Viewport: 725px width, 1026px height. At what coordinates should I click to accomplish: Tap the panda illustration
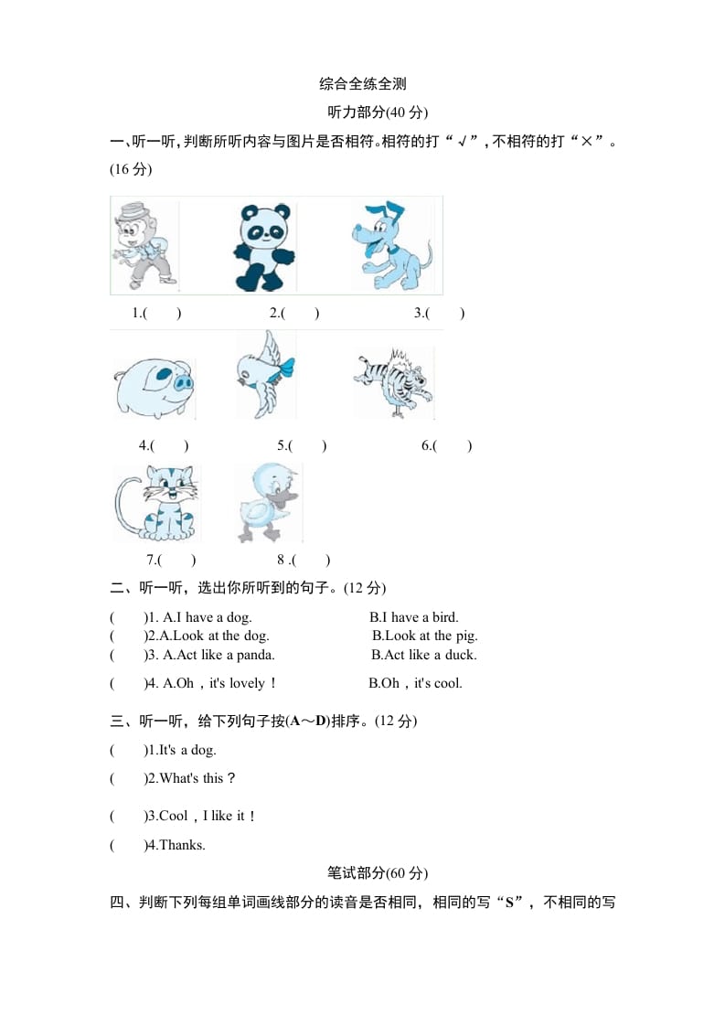coord(263,246)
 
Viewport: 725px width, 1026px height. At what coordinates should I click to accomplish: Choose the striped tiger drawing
coord(395,380)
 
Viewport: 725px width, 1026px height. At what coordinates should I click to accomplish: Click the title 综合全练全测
coord(363,84)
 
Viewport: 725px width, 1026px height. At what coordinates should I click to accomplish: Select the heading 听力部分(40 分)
coord(378,112)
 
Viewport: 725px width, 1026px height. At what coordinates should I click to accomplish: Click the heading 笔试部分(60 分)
coord(378,872)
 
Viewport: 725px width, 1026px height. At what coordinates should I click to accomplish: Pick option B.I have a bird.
coord(414,617)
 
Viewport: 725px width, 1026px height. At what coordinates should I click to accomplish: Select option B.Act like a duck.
coord(424,655)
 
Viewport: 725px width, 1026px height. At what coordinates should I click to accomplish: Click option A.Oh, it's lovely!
coord(219,683)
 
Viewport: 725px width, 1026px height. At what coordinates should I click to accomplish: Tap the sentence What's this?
coord(197,778)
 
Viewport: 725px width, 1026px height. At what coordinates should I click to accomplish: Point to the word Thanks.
coord(182,845)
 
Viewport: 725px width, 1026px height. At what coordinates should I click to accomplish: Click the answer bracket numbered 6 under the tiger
coord(447,446)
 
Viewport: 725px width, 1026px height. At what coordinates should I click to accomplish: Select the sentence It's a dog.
coord(187,750)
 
